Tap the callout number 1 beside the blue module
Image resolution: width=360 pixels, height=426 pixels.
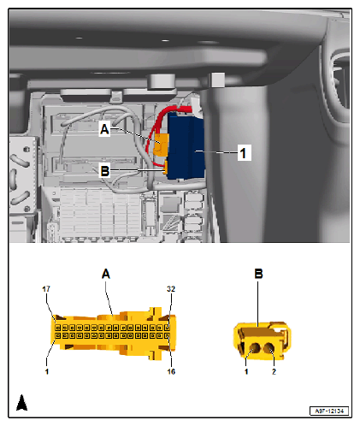tap(244, 154)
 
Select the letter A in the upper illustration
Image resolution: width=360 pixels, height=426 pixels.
tap(104, 129)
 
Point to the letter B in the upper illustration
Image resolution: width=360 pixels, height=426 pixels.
tap(104, 170)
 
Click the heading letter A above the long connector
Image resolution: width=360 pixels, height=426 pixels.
tap(106, 275)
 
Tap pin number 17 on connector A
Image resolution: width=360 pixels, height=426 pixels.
tap(46, 289)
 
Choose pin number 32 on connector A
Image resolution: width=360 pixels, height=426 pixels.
tap(170, 289)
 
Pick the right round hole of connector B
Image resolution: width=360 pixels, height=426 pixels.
tap(269, 347)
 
